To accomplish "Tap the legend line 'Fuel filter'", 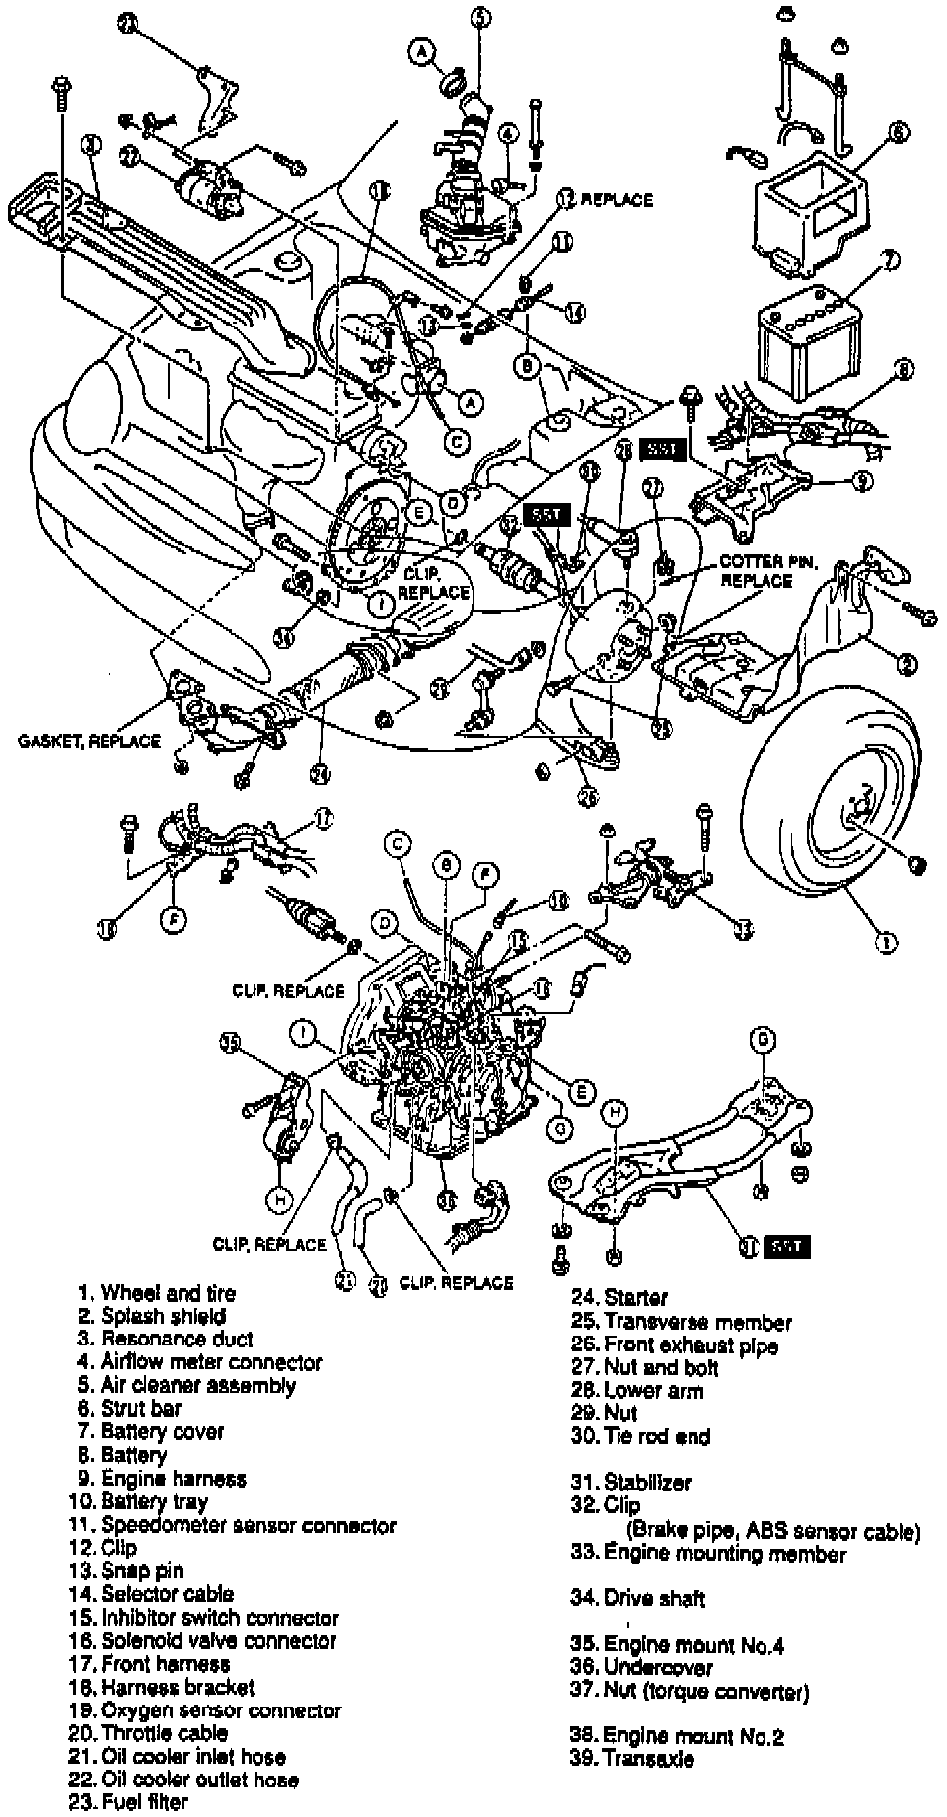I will [x=144, y=1801].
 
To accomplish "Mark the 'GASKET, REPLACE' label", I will [x=89, y=741].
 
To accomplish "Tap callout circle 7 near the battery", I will [x=889, y=261].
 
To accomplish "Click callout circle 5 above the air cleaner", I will [x=480, y=16].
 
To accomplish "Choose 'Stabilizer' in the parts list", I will [x=647, y=1482].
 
